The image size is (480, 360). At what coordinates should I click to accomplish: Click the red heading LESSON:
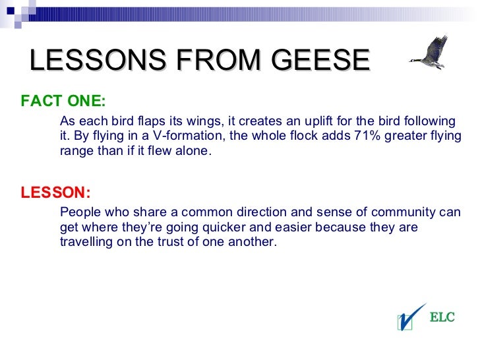click(x=55, y=193)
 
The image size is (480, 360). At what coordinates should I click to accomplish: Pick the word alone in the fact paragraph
click(x=192, y=150)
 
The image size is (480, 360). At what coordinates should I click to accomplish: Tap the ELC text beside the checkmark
click(x=442, y=318)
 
